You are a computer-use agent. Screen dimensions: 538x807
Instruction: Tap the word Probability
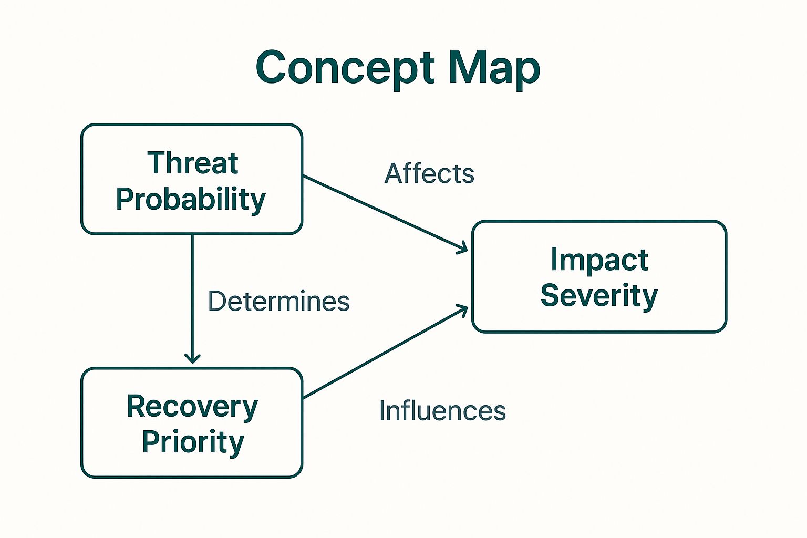click(191, 199)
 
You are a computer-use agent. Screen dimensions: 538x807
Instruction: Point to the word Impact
click(599, 260)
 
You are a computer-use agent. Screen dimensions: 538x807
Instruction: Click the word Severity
click(599, 295)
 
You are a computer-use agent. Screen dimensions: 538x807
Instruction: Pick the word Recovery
click(192, 407)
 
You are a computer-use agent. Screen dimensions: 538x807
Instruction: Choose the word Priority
click(193, 441)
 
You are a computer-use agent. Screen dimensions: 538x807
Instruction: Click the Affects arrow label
click(429, 173)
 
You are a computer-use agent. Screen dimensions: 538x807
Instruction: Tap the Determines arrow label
click(278, 302)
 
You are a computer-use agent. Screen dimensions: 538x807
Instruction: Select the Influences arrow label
click(442, 411)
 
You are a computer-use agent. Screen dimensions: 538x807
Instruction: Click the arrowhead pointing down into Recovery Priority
click(192, 359)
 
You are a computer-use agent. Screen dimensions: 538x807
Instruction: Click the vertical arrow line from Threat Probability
click(192, 294)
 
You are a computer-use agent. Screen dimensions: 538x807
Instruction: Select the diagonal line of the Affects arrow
click(384, 213)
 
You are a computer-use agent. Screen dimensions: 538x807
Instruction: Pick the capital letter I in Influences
click(382, 411)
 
